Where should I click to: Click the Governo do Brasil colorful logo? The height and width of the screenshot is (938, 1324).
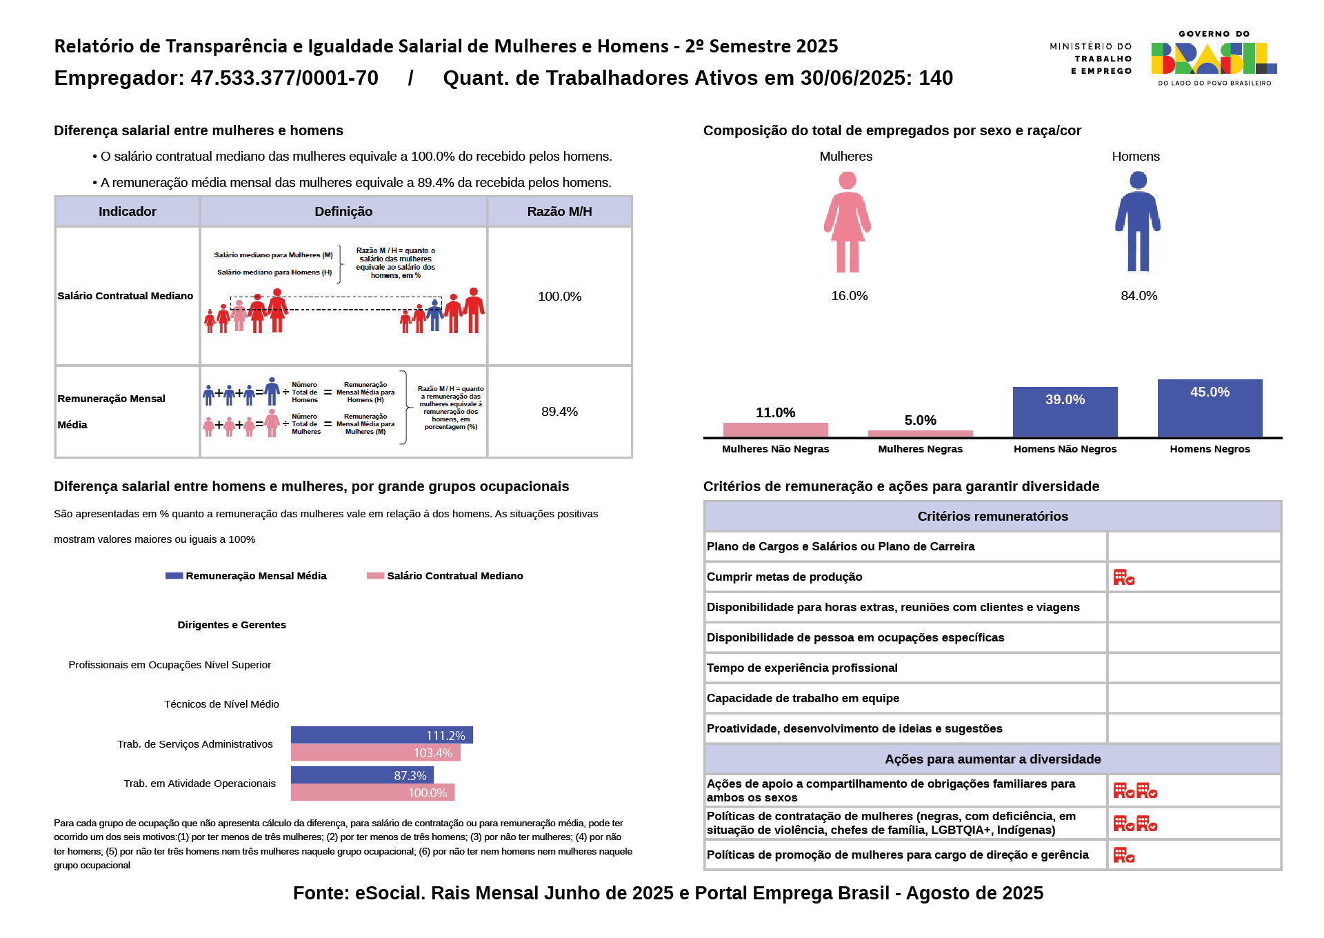[1214, 58]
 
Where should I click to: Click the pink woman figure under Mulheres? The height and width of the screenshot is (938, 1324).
[847, 222]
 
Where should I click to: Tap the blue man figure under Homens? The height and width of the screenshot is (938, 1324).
[1138, 222]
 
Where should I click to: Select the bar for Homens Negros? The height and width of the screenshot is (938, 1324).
[1210, 408]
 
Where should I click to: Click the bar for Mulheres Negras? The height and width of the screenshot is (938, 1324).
[920, 434]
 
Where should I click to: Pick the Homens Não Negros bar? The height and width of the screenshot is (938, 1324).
[1065, 412]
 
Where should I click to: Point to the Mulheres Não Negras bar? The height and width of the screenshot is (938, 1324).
[775, 430]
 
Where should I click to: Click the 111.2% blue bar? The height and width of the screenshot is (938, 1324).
[381, 735]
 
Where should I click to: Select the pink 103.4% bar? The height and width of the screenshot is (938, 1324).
[375, 753]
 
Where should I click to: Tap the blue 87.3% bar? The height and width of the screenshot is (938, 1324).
[362, 775]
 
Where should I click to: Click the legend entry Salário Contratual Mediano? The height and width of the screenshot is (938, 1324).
[445, 576]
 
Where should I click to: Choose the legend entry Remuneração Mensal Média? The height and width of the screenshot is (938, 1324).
[246, 576]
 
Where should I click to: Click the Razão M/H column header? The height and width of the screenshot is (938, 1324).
[559, 212]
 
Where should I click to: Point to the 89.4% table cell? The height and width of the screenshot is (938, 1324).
[559, 412]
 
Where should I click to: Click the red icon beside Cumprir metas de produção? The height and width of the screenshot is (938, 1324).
[1124, 577]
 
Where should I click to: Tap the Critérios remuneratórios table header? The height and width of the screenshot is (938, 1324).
[992, 517]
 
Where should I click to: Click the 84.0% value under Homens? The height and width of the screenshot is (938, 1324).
[1139, 296]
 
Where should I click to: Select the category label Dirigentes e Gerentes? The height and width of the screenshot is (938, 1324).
[232, 625]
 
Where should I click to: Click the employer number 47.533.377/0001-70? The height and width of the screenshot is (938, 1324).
[284, 78]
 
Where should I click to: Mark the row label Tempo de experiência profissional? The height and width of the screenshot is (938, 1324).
[802, 668]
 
